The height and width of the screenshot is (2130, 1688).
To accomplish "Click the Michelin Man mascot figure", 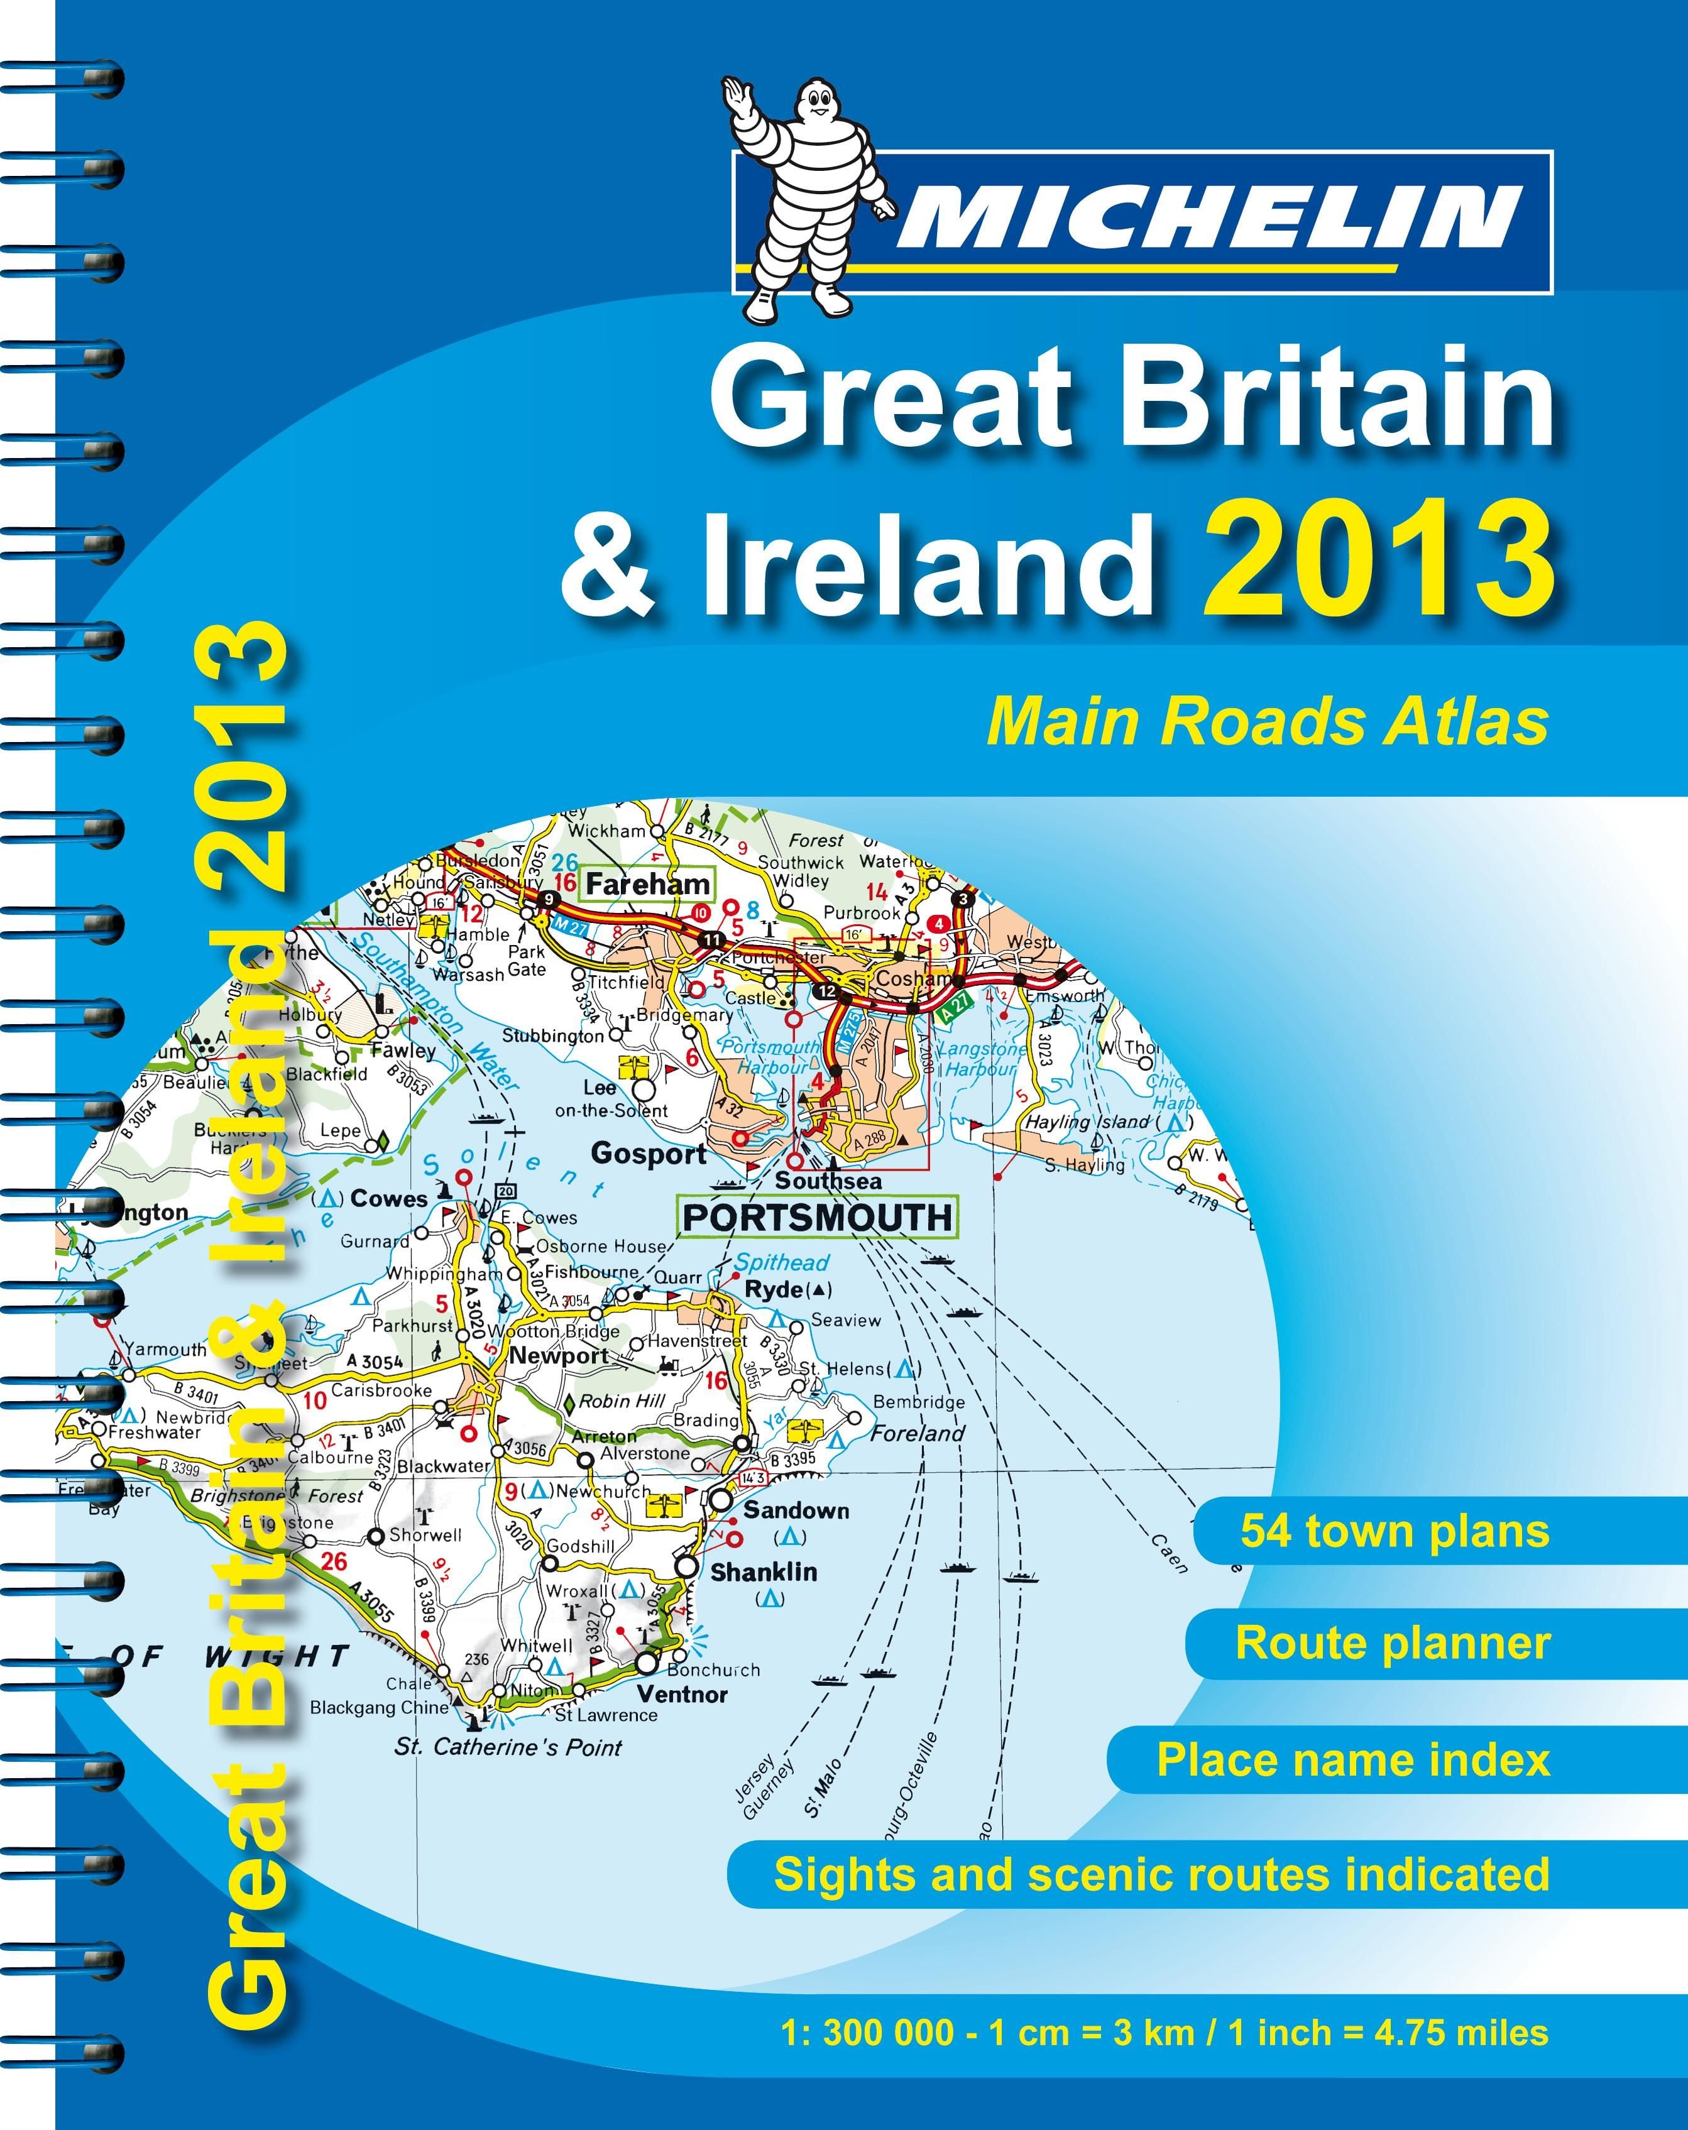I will pos(806,197).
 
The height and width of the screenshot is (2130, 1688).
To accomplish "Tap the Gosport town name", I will pos(649,1153).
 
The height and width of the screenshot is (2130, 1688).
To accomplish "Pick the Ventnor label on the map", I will pos(682,1695).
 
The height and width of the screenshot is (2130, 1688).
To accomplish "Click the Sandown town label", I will pos(796,1510).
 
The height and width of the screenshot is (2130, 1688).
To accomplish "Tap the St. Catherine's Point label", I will pos(508,1747).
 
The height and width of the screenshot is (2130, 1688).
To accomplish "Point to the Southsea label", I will pos(828,1181).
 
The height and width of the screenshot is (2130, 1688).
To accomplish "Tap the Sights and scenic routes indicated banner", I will pos(1161,1874).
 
